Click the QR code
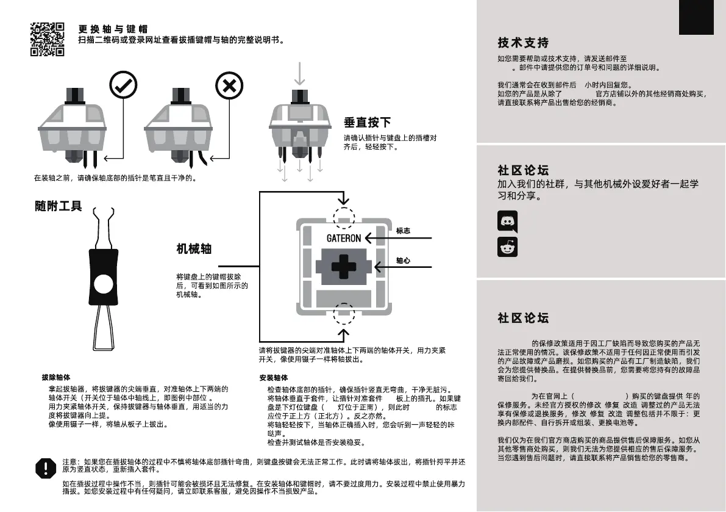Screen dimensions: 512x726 (47, 39)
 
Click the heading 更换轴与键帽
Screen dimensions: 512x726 (113, 29)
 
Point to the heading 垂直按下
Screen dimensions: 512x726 (367, 122)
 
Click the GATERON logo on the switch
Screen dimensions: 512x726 (343, 238)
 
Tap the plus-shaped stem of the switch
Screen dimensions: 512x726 (343, 267)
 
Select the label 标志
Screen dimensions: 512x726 (403, 231)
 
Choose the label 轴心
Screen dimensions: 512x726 (403, 261)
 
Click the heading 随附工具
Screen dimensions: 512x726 (58, 206)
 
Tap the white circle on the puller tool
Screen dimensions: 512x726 (103, 283)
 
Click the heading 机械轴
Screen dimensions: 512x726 (194, 248)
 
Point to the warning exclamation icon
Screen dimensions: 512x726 (45, 468)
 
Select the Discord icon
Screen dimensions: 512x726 (507, 221)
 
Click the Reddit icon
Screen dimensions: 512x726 (507, 247)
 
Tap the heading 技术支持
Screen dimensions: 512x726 (523, 43)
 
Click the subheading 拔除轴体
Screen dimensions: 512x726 (56, 378)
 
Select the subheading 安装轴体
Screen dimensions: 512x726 (274, 378)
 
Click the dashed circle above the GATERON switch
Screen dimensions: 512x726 (343, 217)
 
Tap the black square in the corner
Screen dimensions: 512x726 (696, 17)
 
